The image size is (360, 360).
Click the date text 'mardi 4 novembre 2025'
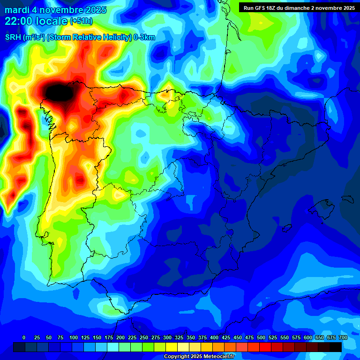point(55,10)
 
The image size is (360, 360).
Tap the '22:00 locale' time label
point(36,21)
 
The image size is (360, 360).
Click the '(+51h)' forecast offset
point(81,21)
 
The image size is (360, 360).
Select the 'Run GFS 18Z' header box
point(298,7)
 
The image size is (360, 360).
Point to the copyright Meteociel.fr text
point(206,357)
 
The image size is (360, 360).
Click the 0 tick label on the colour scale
point(24,337)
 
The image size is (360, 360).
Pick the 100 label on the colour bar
point(73,337)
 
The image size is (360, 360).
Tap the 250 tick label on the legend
point(144,337)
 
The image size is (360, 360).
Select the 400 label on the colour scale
point(214,337)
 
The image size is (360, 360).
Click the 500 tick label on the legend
point(261,337)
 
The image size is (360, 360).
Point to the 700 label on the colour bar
point(343,337)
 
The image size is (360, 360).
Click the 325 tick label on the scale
point(179,337)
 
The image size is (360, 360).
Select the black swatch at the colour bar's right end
point(336,347)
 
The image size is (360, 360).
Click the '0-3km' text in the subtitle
point(144,37)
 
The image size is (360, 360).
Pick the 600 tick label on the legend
point(308,337)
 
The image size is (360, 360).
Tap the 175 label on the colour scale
point(109,337)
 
